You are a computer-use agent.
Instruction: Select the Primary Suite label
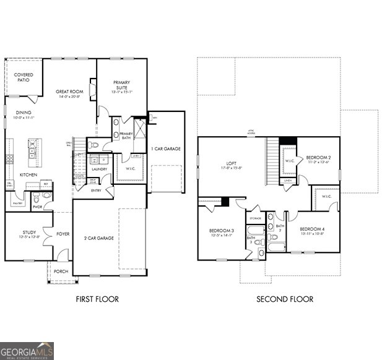122,85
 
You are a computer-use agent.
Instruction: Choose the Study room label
28,233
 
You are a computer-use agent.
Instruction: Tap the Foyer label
62,234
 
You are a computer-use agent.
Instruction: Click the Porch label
61,271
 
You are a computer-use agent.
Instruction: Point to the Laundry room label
99,169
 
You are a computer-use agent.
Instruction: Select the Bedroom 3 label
221,231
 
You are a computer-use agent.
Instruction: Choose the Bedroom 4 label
312,229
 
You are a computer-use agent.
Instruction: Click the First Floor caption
97,299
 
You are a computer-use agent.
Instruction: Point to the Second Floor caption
285,299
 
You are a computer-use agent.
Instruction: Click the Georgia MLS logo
27,350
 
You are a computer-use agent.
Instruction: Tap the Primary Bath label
126,136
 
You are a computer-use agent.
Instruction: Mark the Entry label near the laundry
95,191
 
